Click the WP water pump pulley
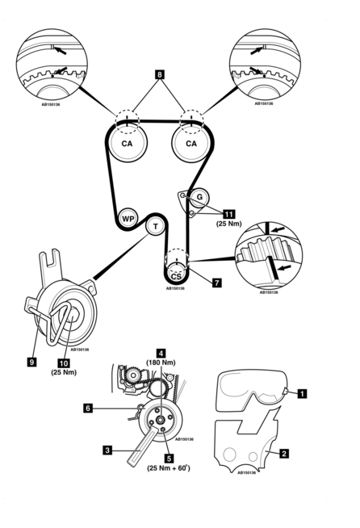click(x=128, y=219)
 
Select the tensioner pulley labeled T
click(x=155, y=226)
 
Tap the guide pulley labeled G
click(x=199, y=197)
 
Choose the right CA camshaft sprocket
click(x=191, y=143)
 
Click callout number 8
click(x=160, y=74)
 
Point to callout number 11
click(x=229, y=214)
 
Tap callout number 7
click(x=217, y=283)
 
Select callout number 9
click(x=32, y=362)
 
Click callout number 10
click(x=64, y=363)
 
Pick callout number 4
click(x=161, y=354)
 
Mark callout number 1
click(x=303, y=393)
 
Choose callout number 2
click(x=284, y=453)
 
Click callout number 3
click(x=107, y=450)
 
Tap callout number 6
click(x=88, y=409)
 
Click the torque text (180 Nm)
click(x=161, y=362)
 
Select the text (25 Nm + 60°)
click(x=169, y=467)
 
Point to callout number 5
click(x=169, y=459)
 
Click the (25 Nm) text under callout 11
click(x=229, y=224)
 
